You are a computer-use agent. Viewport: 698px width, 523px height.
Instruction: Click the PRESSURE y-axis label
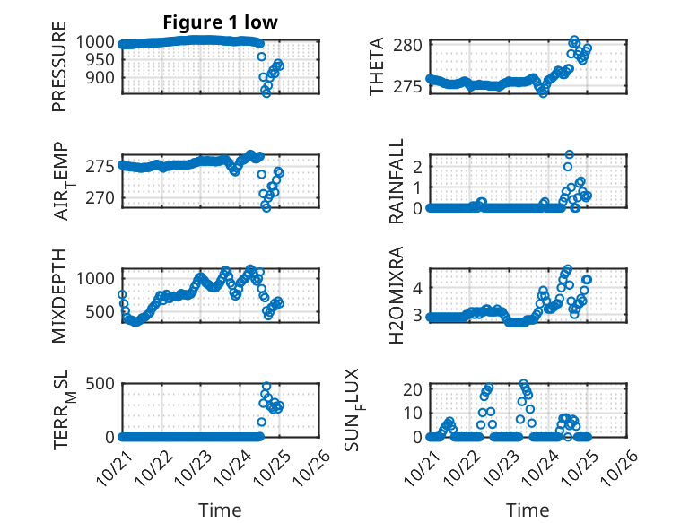pyautogui.click(x=60, y=71)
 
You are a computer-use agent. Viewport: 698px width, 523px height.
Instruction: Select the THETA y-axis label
pyautogui.click(x=377, y=66)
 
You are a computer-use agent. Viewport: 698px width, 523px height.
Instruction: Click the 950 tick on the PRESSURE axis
pyautogui.click(x=100, y=59)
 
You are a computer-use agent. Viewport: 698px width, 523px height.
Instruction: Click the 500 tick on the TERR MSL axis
pyautogui.click(x=100, y=383)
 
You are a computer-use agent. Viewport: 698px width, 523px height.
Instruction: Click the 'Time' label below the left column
pyautogui.click(x=220, y=510)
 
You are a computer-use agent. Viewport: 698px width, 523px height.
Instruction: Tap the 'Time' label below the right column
pyautogui.click(x=528, y=510)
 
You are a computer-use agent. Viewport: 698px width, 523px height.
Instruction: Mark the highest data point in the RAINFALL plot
pyautogui.click(x=569, y=155)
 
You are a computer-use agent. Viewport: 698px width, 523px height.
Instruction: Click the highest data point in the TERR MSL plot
pyautogui.click(x=266, y=387)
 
